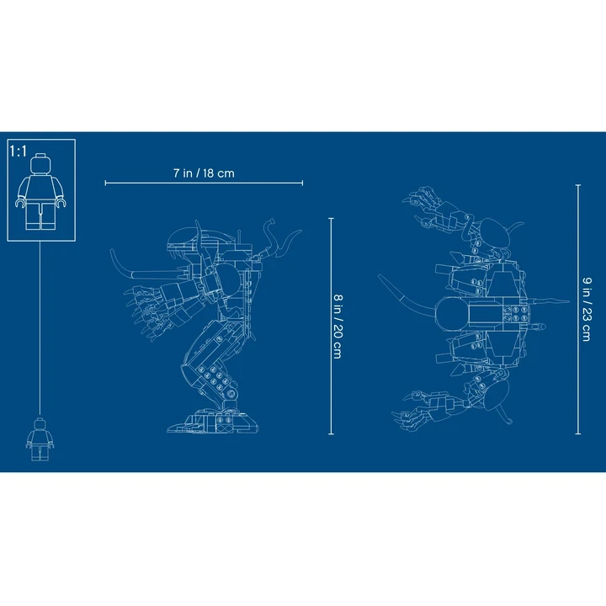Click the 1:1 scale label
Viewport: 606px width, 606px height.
click(x=19, y=151)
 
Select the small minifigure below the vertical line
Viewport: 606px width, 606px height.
click(x=40, y=439)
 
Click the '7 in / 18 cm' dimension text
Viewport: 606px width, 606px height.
click(x=204, y=173)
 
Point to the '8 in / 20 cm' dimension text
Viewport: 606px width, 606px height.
click(x=338, y=327)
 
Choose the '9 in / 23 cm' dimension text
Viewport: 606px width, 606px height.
click(x=587, y=309)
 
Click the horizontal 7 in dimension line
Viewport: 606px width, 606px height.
click(x=204, y=183)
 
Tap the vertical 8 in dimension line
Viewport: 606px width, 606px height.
click(x=331, y=327)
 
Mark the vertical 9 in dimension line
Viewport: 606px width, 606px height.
click(x=577, y=309)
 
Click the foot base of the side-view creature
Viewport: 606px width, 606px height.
click(x=213, y=422)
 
